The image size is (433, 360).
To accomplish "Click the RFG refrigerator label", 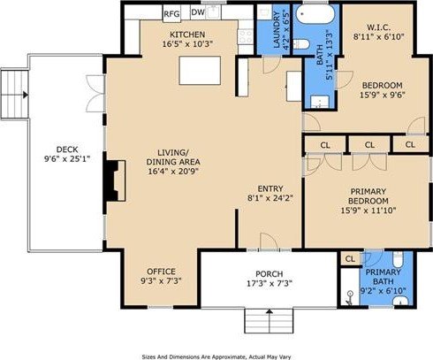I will point(172,13).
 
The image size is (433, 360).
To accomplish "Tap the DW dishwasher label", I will point(198,13).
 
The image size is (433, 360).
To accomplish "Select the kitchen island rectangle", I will point(200,68).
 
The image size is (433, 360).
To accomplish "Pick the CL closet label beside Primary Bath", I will point(349,259).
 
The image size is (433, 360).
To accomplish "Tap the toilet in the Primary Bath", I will point(398,259).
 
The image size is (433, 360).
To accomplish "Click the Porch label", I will point(269,272).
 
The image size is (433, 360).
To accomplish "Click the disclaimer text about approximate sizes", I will point(216,354).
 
